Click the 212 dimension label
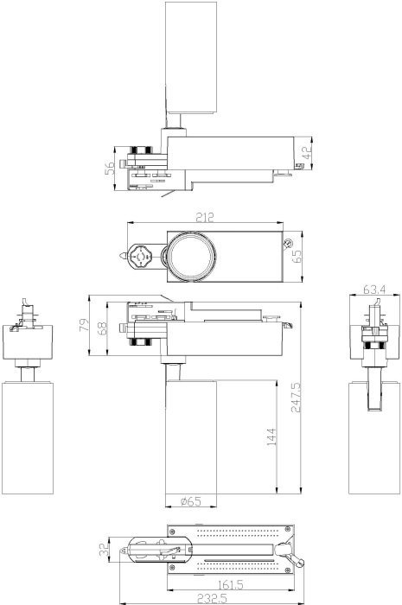[x=205, y=217]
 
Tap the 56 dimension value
[x=110, y=168]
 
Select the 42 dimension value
[x=307, y=153]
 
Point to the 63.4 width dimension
[x=374, y=290]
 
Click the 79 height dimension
[x=84, y=324]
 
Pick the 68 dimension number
[x=102, y=328]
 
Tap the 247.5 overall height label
[x=296, y=398]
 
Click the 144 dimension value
[x=271, y=436]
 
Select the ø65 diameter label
[x=191, y=501]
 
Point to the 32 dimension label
[x=104, y=550]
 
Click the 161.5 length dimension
[x=230, y=584]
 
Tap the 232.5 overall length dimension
[x=212, y=598]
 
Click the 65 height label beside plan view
[x=297, y=256]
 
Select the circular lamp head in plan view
[x=191, y=256]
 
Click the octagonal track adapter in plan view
[x=140, y=256]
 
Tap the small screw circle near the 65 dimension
[x=288, y=243]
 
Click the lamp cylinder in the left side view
[x=28, y=437]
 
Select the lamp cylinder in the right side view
[x=374, y=437]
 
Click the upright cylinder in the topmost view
[x=191, y=58]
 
